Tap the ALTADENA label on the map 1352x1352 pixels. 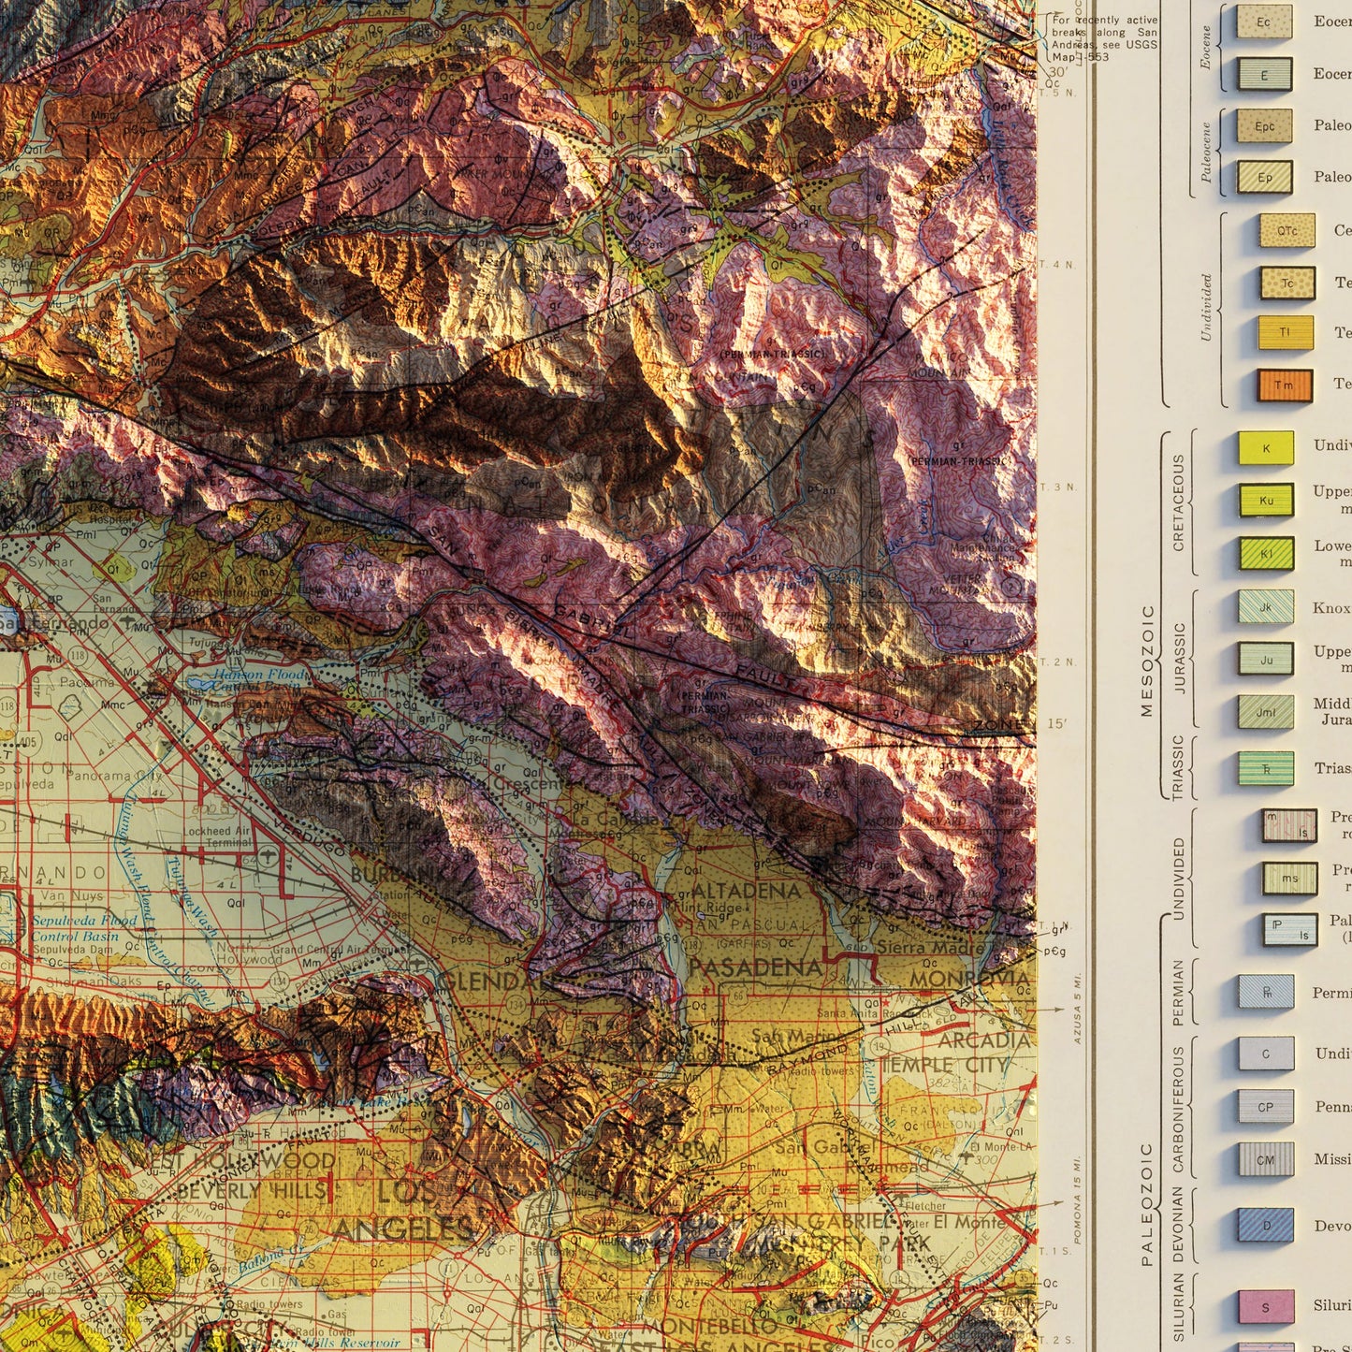coord(747,891)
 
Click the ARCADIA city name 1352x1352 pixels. coord(983,1040)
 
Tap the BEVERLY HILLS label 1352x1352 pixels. coord(251,1191)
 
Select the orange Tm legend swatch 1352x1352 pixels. coord(1284,385)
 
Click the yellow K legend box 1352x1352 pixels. coord(1266,448)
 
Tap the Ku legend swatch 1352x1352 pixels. coord(1266,501)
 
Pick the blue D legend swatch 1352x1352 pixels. coord(1266,1226)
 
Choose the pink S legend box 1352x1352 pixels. coord(1266,1307)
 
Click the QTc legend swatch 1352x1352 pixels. coord(1287,231)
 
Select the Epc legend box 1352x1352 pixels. coord(1264,126)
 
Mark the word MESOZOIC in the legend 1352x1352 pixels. coord(1147,661)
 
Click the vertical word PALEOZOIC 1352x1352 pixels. coord(1147,1203)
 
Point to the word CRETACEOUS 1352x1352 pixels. coord(1178,502)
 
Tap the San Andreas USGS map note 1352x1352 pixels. coord(1104,38)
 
